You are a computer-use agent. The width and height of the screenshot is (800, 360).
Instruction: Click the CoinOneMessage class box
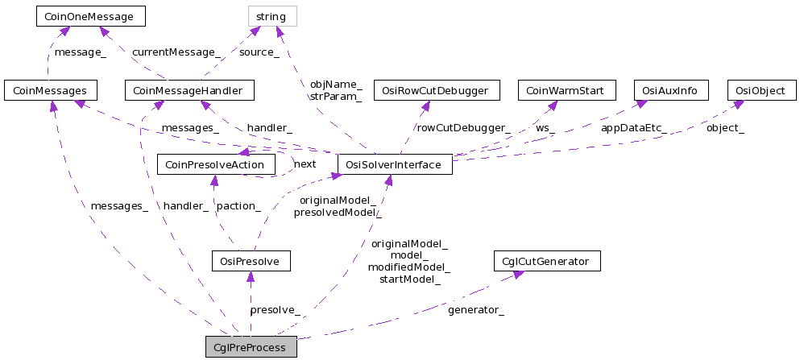[x=90, y=15]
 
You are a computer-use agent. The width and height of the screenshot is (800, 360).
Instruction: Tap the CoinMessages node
[x=51, y=90]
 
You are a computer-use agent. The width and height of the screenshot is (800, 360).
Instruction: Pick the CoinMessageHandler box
[x=189, y=90]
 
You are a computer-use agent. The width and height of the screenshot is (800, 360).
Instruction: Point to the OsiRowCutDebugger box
[x=441, y=90]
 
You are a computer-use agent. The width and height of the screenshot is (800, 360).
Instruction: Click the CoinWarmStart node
[x=566, y=90]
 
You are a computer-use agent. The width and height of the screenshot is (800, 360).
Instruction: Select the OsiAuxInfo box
[x=671, y=90]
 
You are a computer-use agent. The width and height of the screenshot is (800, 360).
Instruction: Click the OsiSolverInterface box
[x=395, y=164]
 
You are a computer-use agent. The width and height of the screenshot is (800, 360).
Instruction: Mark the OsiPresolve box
[x=251, y=261]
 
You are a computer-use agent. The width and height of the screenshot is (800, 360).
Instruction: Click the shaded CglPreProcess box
[x=251, y=347]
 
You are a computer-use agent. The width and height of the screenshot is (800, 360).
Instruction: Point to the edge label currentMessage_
[x=176, y=52]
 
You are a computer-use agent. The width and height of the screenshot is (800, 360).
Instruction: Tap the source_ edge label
[x=259, y=52]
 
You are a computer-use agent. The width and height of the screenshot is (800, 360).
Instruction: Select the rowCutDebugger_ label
[x=463, y=127]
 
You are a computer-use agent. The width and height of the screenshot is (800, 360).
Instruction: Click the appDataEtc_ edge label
[x=633, y=127]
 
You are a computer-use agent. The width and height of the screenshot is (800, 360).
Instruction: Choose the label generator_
[x=476, y=309]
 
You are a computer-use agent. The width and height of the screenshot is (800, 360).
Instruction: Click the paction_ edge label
[x=238, y=206]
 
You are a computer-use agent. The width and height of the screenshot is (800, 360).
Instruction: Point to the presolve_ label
[x=276, y=309]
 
